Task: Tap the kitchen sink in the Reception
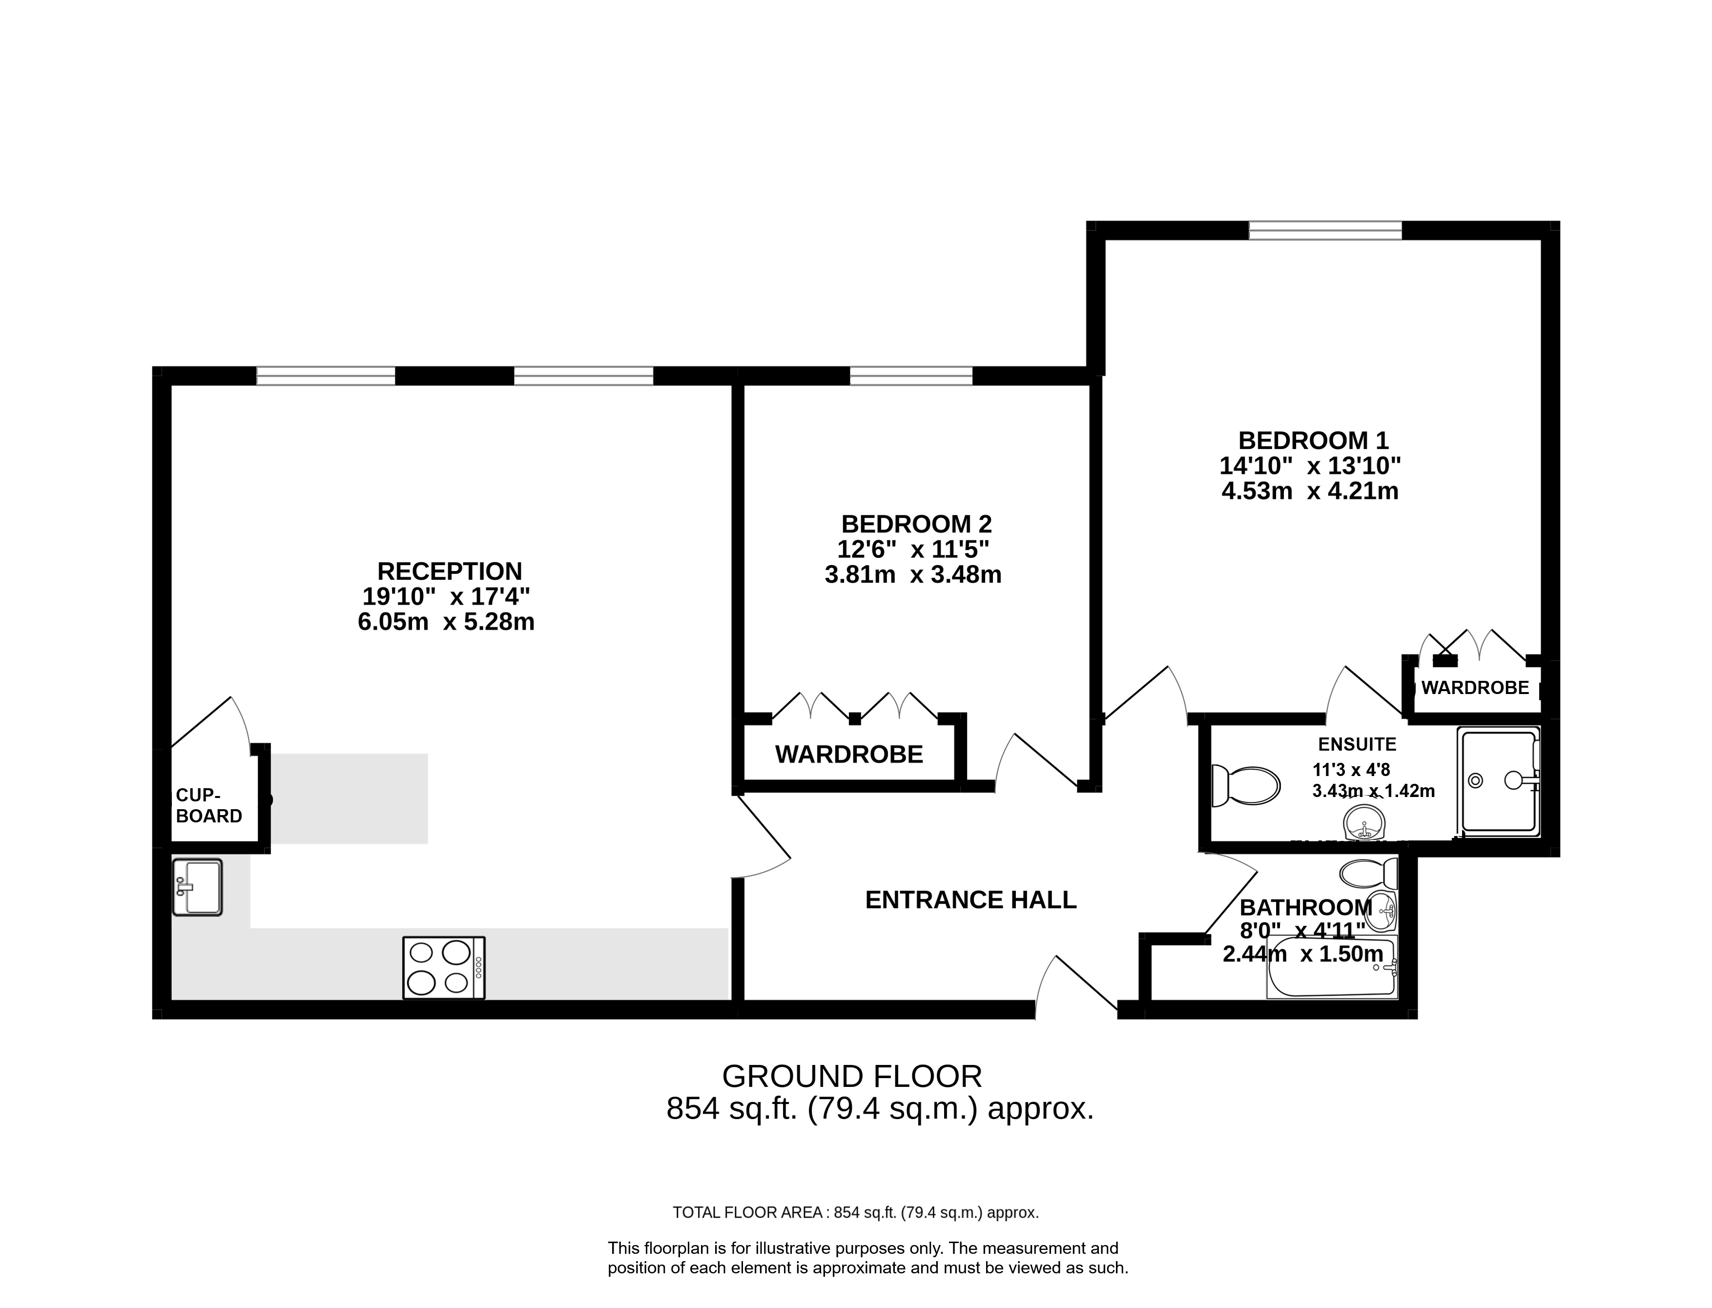(x=197, y=887)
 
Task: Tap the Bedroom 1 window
(x=1325, y=230)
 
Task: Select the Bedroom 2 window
(x=911, y=376)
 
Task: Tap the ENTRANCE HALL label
(x=971, y=900)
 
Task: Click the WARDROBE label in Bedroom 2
(x=848, y=755)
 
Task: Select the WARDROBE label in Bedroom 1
(x=1475, y=688)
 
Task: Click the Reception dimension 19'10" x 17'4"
(x=446, y=597)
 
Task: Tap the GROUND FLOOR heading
(x=852, y=1077)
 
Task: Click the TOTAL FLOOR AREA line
(x=856, y=1212)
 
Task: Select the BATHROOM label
(x=1306, y=908)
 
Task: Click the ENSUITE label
(x=1357, y=744)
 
